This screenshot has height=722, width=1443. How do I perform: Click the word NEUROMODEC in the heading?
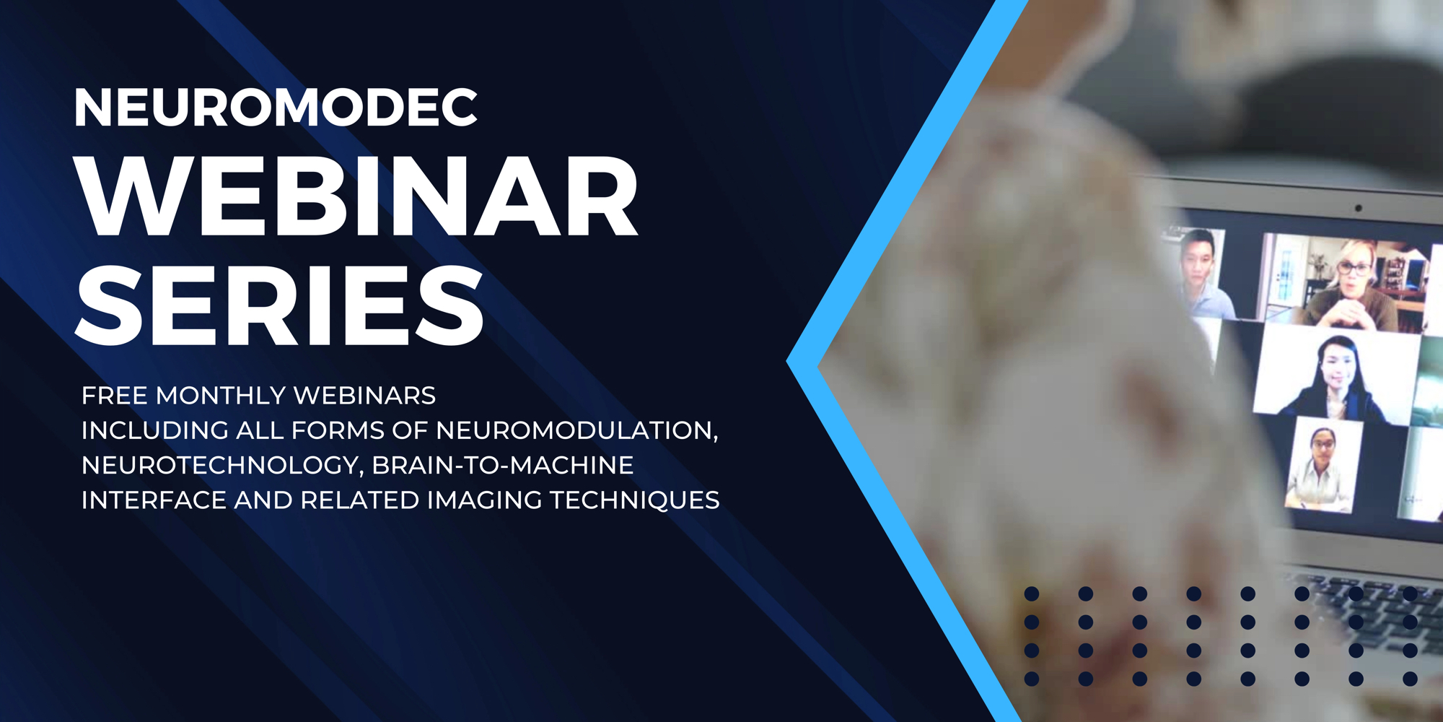276,108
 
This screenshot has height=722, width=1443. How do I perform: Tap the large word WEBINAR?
356,196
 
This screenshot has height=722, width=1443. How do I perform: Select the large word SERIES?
280,305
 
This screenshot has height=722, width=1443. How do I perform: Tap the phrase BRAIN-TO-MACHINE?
503,465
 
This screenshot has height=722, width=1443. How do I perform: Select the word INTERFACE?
154,500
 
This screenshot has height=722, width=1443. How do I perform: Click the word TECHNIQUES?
635,500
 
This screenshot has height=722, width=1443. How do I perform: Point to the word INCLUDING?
155,430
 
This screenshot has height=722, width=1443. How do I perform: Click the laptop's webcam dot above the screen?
1359,208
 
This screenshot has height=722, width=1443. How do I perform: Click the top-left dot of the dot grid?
1032,593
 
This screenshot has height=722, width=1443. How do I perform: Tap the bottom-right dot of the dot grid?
1411,679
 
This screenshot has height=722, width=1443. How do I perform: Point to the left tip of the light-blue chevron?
787,361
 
